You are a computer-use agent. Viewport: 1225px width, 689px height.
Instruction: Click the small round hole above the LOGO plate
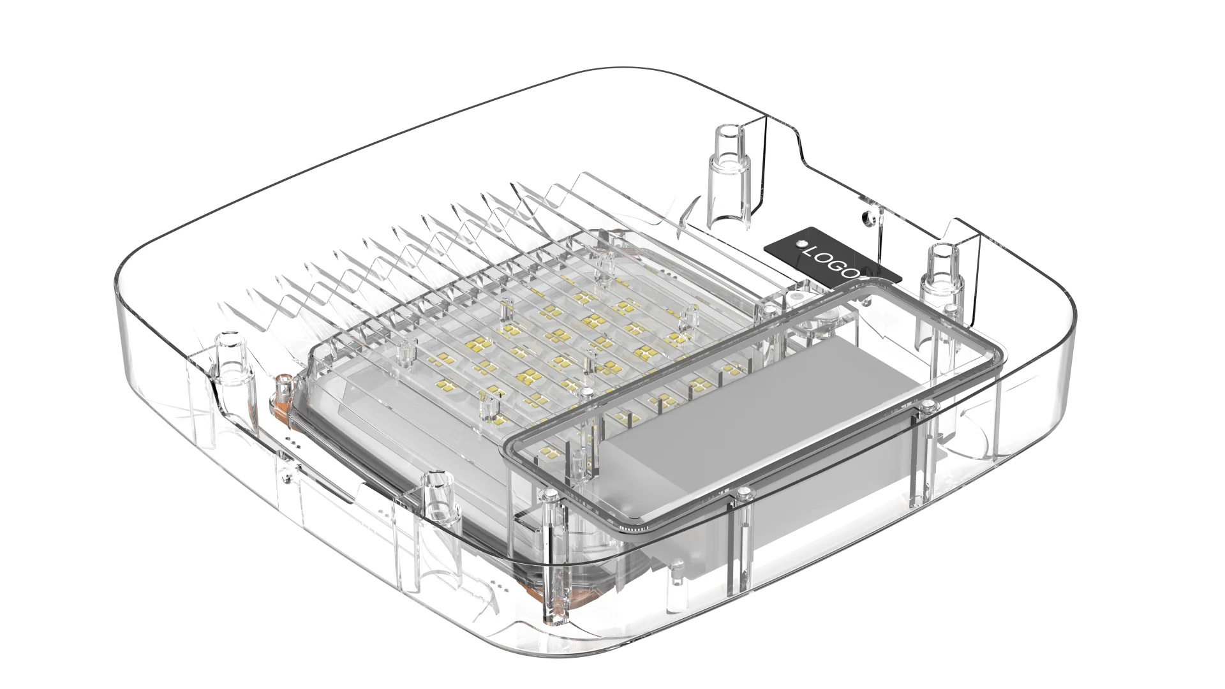[x=866, y=218]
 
